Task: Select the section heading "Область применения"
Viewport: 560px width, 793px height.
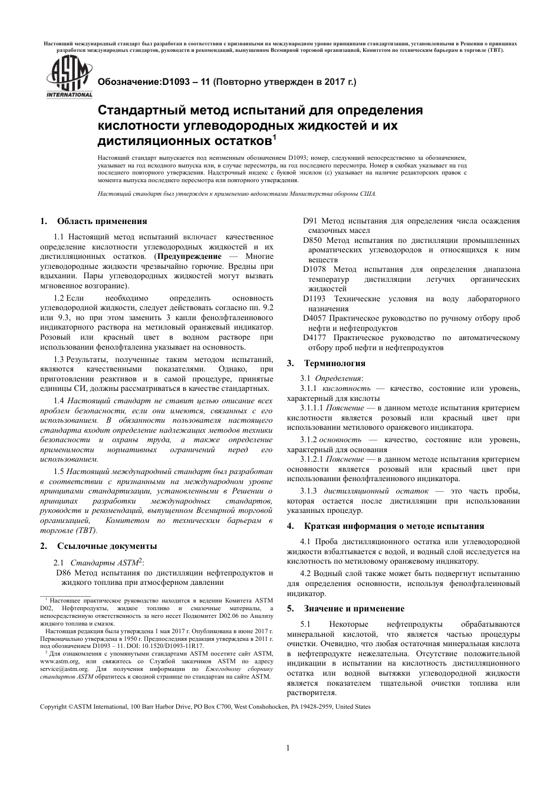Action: tap(101, 222)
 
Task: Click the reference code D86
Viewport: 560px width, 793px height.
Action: tap(65, 572)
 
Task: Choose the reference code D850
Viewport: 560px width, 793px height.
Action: tap(313, 241)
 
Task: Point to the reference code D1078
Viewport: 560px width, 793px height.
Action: tap(315, 269)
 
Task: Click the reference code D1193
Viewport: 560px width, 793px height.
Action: tap(315, 299)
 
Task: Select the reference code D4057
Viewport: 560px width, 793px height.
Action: tap(315, 318)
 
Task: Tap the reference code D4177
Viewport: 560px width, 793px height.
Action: tap(315, 338)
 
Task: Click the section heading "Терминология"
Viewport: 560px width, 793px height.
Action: tap(334, 363)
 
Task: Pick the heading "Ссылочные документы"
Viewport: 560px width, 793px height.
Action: tap(107, 546)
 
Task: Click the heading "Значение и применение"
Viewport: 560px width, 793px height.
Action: tap(354, 608)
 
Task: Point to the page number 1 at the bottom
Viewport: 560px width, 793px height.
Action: tap(288, 749)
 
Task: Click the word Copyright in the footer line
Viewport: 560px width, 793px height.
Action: tap(54, 706)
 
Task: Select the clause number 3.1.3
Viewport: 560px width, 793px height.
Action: tap(308, 491)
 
